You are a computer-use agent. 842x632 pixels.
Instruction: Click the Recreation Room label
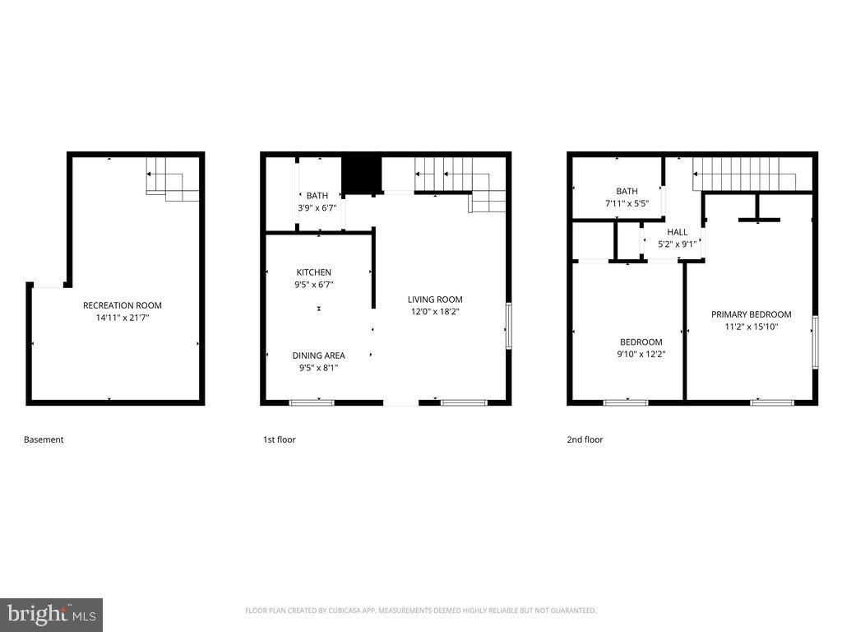point(122,305)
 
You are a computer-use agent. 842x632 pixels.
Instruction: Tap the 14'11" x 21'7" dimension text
point(122,317)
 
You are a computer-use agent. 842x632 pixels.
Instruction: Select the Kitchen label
point(314,272)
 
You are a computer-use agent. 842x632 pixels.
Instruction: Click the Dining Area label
point(318,355)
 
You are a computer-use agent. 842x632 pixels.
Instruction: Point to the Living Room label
point(435,300)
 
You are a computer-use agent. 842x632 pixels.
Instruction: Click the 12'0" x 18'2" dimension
point(435,311)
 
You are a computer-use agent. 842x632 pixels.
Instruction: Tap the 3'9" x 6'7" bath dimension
point(317,207)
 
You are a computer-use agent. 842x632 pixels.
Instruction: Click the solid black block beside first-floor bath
point(362,174)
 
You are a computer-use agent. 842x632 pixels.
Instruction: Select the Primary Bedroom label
point(751,314)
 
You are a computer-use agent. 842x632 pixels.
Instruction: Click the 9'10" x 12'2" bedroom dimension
point(641,354)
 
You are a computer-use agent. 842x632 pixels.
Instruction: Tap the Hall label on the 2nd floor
point(678,232)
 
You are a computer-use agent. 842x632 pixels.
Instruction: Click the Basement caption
point(44,439)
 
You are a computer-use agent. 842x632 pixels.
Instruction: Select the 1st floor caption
point(279,439)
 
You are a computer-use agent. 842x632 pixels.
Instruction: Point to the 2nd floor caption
point(585,439)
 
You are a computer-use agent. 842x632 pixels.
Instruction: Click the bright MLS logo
point(51,614)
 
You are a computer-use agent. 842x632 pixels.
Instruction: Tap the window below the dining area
point(312,402)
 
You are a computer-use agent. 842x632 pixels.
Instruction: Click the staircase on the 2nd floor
point(743,175)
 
